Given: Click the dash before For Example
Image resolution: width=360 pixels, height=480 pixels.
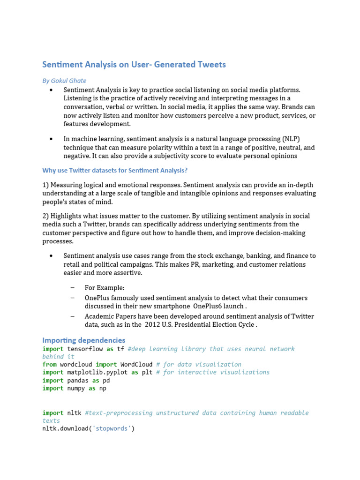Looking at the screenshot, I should (x=73, y=287).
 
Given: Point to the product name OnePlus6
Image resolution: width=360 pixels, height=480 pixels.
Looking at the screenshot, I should (x=212, y=306).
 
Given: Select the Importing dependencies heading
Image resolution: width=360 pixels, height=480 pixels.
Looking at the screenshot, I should (x=84, y=340).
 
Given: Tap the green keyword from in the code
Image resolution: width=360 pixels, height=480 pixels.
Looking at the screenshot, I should (x=49, y=364).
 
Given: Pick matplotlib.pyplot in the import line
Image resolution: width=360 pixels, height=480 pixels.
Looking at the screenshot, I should (x=97, y=372).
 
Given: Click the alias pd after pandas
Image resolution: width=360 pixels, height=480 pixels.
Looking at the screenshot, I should (x=106, y=380).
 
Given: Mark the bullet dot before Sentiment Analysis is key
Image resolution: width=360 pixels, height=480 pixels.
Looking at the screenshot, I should (x=51, y=90).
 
